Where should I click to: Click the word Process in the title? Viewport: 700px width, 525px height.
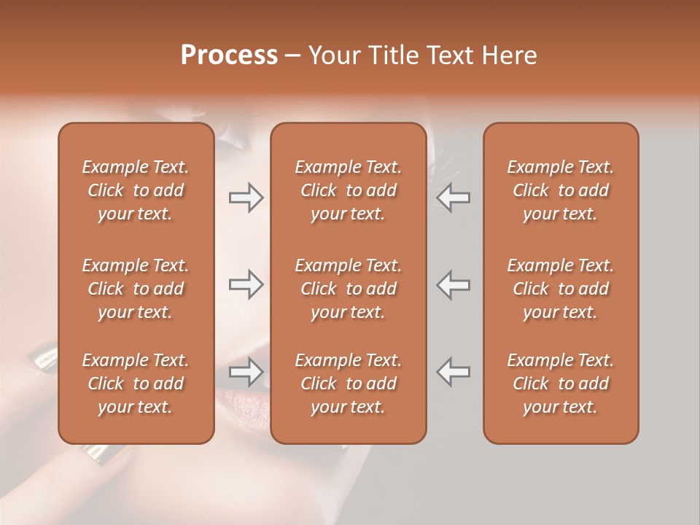(229, 55)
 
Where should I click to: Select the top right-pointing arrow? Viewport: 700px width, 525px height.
(246, 198)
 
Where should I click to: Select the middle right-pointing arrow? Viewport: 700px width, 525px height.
(246, 284)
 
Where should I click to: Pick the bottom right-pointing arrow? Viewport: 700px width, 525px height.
(246, 372)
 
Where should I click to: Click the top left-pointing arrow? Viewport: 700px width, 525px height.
(453, 198)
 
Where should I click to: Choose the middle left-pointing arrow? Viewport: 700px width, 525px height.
(453, 284)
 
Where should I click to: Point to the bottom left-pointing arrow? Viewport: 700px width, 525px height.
(453, 372)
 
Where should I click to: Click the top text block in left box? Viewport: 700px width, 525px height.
(136, 190)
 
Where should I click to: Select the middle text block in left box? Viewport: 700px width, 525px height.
(136, 289)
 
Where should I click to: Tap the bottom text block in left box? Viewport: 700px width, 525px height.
(136, 384)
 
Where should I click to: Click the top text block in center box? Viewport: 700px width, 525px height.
(348, 190)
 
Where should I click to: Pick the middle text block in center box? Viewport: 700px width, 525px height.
(348, 289)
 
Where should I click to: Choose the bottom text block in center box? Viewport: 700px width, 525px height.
(348, 384)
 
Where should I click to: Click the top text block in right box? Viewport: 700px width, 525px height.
(560, 190)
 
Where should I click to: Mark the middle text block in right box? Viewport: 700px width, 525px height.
(560, 289)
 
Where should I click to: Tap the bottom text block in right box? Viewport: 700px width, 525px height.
(560, 384)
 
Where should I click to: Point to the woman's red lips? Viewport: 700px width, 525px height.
(241, 397)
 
